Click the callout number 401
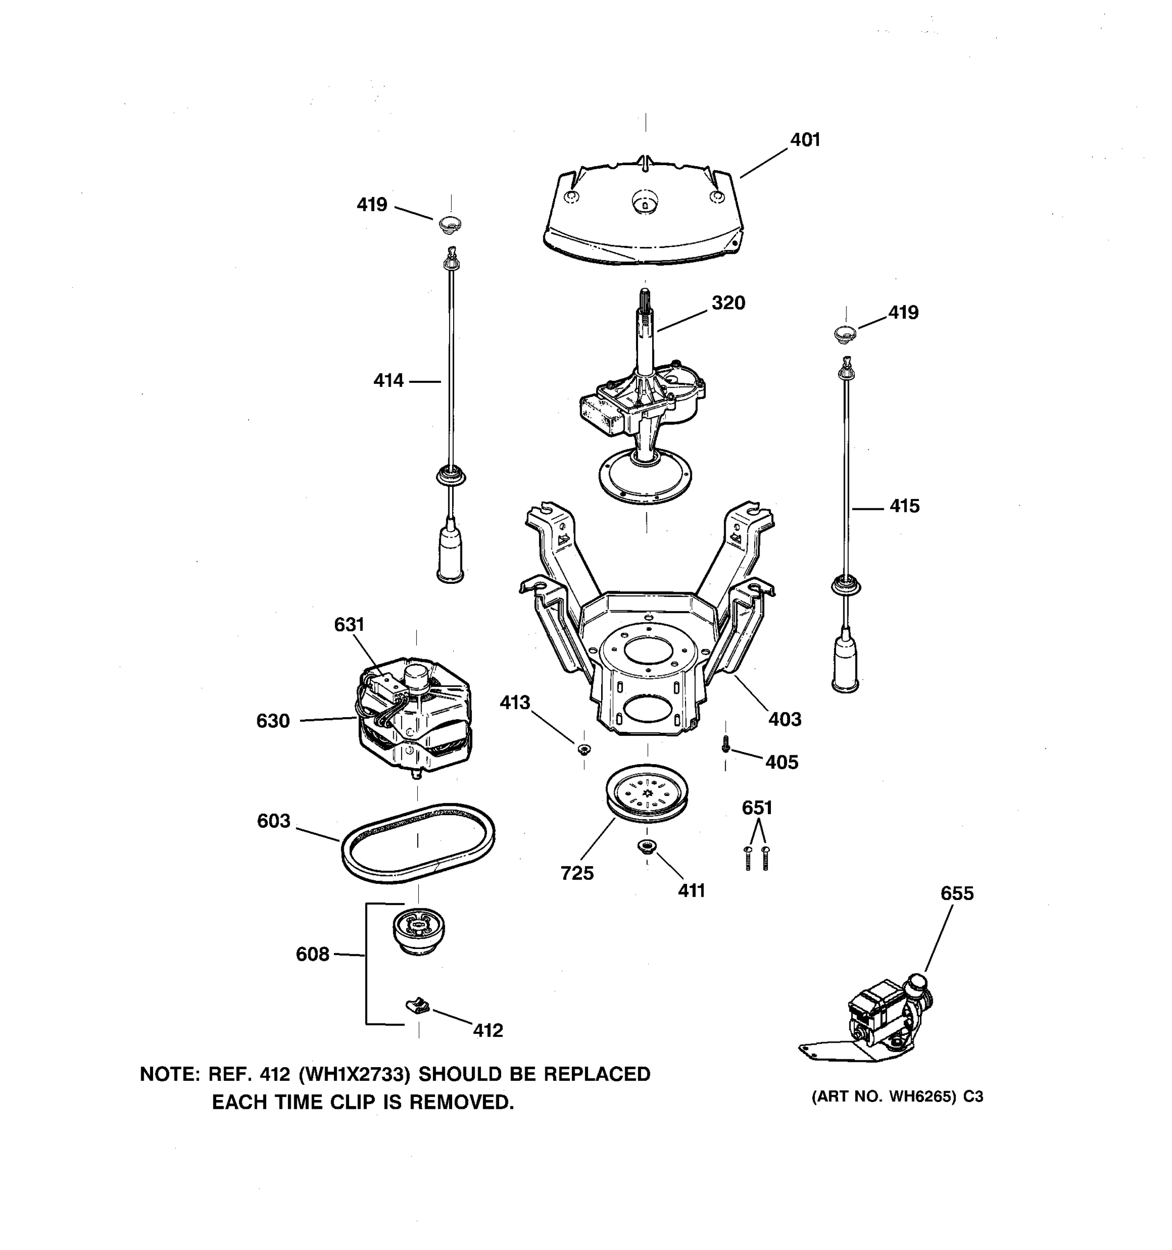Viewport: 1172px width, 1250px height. pos(805,140)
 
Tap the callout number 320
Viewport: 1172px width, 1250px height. pos(728,303)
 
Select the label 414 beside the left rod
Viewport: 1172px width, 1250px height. pos(388,380)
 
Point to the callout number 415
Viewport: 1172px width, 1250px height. pos(904,506)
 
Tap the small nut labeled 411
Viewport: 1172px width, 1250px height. pos(646,846)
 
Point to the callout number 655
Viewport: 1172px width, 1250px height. pos(956,893)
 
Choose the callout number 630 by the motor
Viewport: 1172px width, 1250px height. pos(273,721)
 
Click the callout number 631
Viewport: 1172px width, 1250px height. pos(349,624)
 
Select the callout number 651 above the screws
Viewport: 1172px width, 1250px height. pos(757,808)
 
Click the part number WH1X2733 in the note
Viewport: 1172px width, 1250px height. pos(354,1074)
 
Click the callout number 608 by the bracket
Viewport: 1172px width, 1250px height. pos(312,955)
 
